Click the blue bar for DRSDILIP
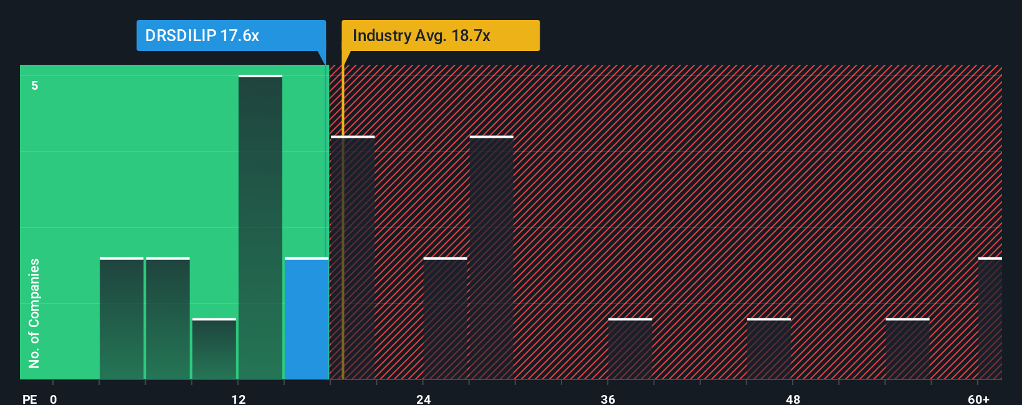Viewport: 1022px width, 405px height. [x=307, y=318]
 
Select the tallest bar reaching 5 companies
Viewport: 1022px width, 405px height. [x=260, y=227]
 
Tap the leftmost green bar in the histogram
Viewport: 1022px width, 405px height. [x=122, y=318]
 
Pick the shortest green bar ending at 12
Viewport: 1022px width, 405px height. [x=214, y=349]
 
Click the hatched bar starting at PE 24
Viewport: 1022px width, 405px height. [x=445, y=318]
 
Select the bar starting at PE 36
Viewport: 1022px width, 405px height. [x=630, y=349]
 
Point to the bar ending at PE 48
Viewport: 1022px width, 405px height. [x=769, y=349]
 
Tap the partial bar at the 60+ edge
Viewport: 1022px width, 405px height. [x=990, y=318]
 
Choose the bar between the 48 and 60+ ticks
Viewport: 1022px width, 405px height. [x=907, y=349]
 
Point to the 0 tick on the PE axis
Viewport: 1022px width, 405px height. [x=54, y=399]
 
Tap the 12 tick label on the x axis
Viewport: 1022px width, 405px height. [x=239, y=399]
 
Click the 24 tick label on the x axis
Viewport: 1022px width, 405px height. [x=424, y=399]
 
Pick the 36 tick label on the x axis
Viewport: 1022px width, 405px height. [x=608, y=399]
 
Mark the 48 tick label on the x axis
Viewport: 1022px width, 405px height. [x=793, y=399]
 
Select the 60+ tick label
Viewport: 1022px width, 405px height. [x=978, y=399]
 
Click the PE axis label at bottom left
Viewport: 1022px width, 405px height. [x=29, y=399]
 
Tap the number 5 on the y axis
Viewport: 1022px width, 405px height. [x=35, y=85]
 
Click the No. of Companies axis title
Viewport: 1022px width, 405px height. [x=34, y=313]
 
